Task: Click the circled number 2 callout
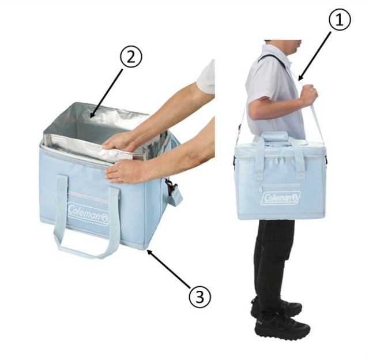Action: click(131, 57)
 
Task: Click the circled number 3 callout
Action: click(200, 297)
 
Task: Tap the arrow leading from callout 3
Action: click(169, 269)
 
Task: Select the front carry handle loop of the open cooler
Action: click(87, 216)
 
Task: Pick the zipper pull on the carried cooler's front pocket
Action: click(261, 188)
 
